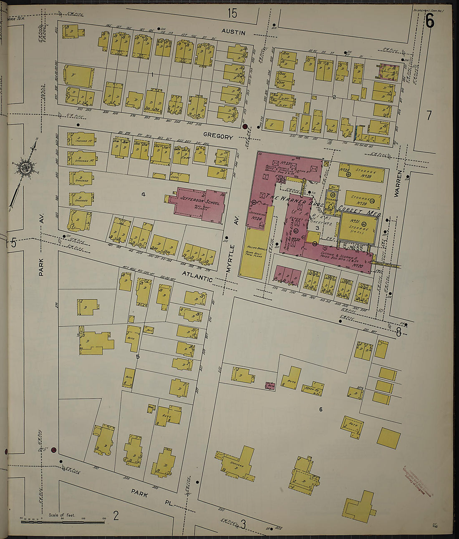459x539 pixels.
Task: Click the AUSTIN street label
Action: [x=233, y=32]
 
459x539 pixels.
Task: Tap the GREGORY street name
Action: [x=218, y=136]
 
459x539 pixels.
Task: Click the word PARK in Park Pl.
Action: [x=139, y=492]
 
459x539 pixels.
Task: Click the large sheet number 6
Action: [x=429, y=21]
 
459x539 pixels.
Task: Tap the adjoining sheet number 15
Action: [x=232, y=13]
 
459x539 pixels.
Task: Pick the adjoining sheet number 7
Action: [x=429, y=115]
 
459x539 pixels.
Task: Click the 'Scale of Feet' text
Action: [x=62, y=515]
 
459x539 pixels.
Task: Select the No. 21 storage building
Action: [x=358, y=226]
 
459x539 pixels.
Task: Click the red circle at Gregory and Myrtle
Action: [x=245, y=126]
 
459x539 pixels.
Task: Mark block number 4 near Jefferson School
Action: [x=143, y=194]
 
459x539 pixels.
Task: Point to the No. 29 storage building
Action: [x=362, y=200]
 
